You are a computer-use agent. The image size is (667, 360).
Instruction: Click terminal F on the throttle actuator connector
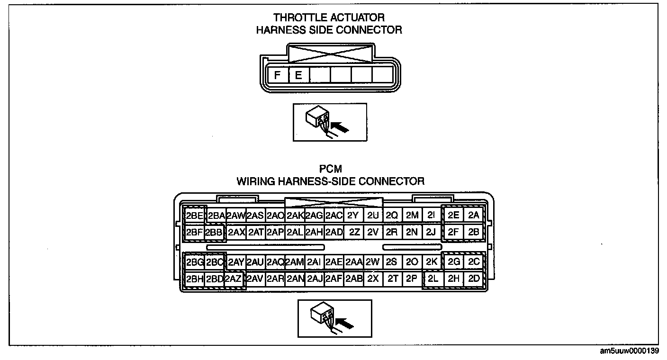coord(278,75)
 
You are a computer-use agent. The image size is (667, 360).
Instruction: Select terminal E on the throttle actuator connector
coord(298,75)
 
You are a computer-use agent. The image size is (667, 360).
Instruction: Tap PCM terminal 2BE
coord(194,216)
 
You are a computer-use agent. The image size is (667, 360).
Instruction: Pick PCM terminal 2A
coord(474,215)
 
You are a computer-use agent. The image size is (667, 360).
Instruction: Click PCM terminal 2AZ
coord(234,279)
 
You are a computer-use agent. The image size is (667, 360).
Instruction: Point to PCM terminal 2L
coord(433,279)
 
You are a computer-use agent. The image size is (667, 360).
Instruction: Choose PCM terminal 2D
coord(474,279)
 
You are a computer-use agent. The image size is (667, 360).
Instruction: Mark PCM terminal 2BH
coord(194,279)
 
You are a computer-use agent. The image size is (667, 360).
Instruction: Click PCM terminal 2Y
coord(353,216)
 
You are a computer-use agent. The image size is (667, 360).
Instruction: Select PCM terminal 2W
coord(373,262)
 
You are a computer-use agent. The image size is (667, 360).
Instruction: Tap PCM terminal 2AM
coord(294,262)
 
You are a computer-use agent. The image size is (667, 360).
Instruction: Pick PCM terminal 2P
coord(412,279)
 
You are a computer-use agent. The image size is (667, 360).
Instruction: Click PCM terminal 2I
coord(431,215)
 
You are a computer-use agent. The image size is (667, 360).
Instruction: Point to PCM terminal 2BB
coord(214,232)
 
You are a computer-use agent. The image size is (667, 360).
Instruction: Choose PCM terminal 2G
coord(454,262)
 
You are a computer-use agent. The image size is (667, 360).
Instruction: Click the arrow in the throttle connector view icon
coord(339,127)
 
